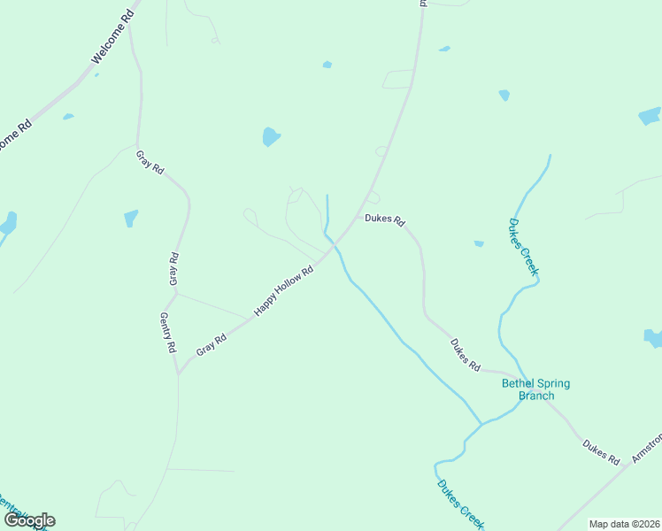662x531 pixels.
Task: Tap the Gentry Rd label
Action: click(x=167, y=333)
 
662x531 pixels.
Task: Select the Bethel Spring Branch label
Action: click(x=535, y=389)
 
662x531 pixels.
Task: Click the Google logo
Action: click(x=29, y=519)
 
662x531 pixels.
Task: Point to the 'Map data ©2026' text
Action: click(x=624, y=524)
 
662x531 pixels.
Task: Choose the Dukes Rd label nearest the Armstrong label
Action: click(x=601, y=451)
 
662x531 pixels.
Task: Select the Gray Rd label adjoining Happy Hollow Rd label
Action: click(x=212, y=343)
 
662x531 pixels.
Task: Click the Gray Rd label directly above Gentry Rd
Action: click(x=173, y=269)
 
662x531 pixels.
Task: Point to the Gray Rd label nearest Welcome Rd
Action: click(x=150, y=162)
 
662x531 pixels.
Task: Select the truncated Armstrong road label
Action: click(x=647, y=447)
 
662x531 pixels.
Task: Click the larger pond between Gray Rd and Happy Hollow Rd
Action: click(x=271, y=137)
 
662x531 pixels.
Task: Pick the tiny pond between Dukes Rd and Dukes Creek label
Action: click(x=479, y=243)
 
